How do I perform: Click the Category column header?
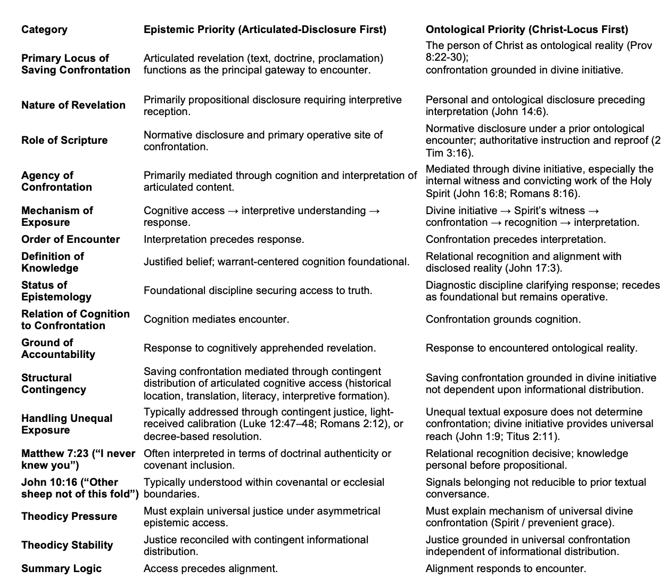pos(44,29)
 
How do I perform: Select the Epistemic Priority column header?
pos(265,29)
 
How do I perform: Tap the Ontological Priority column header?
pos(527,29)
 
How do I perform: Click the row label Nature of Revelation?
pos(73,105)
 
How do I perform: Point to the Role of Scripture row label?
pos(64,140)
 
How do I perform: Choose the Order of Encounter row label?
pos(70,239)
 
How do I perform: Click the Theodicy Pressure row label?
pos(69,516)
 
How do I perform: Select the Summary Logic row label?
pos(61,568)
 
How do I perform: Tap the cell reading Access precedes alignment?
pos(211,568)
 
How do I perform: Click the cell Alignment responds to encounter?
pos(506,568)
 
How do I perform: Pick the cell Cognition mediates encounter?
pos(216,319)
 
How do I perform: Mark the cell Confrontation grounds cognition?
pos(503,319)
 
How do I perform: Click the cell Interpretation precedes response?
pos(224,239)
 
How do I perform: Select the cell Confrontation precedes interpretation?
pos(516,239)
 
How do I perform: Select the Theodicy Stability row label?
pos(67,545)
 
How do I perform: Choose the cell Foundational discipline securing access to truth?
pos(258,290)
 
